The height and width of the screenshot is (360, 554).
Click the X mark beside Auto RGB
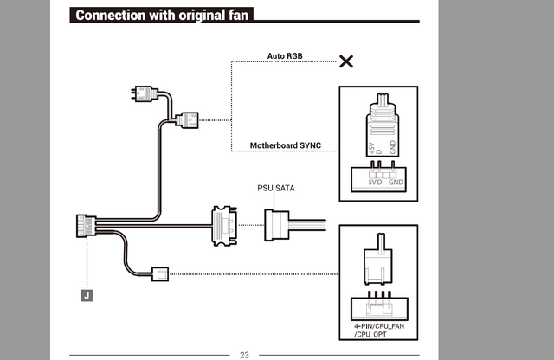[346, 61]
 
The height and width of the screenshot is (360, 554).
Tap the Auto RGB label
[285, 56]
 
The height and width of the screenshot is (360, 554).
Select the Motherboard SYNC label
[286, 145]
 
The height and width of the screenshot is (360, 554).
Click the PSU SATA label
[276, 188]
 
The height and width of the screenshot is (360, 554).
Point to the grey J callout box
[87, 295]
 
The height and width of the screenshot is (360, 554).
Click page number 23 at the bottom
[244, 355]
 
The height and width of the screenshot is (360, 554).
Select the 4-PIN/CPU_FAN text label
[379, 326]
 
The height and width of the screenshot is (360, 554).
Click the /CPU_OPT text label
[370, 334]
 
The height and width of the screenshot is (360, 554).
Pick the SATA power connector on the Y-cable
[225, 226]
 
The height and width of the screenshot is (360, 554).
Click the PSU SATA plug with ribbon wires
[295, 225]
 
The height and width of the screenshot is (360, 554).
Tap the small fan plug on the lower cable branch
[160, 274]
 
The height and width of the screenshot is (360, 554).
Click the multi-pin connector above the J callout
[87, 226]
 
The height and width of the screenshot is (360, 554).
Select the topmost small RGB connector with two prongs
[145, 94]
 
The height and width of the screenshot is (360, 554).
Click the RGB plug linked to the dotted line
[187, 120]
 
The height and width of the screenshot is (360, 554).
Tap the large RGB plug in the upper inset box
[383, 125]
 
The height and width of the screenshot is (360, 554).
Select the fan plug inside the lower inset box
[378, 259]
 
